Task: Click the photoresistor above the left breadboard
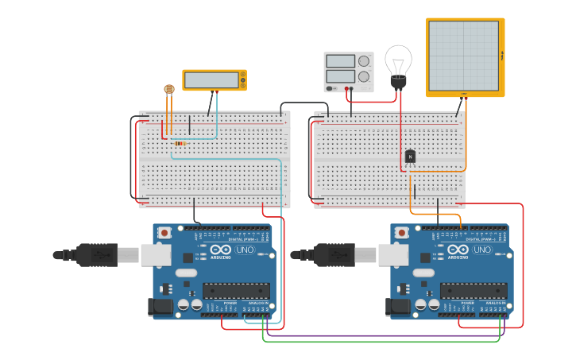coord(168,89)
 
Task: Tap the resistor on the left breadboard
coord(180,143)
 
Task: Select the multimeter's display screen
coord(212,80)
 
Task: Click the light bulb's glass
coord(399,60)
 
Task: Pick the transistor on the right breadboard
coord(410,157)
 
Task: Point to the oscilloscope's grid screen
coord(464,56)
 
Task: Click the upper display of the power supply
coord(341,61)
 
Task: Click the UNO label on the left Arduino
coord(245,250)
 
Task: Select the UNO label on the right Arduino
coord(482,250)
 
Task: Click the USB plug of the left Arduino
coord(99,255)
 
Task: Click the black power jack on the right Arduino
coord(400,307)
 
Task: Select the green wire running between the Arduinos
coord(381,343)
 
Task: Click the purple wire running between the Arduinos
coord(381,336)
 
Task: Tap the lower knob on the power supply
coord(364,77)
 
